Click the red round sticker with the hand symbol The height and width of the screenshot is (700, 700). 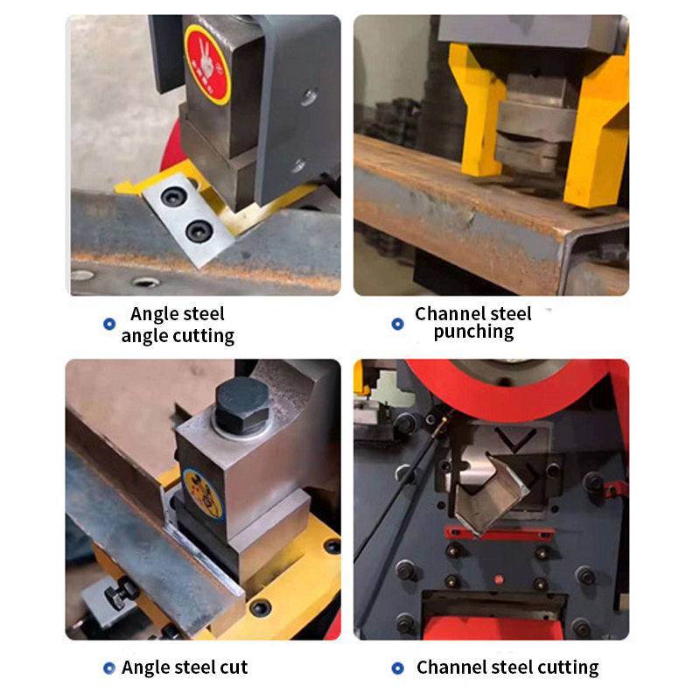[x=207, y=65]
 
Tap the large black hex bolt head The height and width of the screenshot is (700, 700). [x=242, y=405]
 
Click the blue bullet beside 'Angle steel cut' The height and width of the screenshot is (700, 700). [x=109, y=668]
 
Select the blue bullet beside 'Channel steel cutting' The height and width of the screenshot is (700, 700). [x=398, y=668]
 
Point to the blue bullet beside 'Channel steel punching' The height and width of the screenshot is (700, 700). [x=398, y=324]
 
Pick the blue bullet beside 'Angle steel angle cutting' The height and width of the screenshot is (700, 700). [x=109, y=324]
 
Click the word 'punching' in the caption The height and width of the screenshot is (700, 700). [x=473, y=332]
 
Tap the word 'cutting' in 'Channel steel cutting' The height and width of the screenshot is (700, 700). [x=568, y=668]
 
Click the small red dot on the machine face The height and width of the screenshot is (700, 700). [x=499, y=579]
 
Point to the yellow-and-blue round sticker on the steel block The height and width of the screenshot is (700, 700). [x=203, y=494]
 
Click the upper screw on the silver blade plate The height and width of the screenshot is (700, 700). [x=173, y=196]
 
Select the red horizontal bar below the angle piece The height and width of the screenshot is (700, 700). [x=500, y=533]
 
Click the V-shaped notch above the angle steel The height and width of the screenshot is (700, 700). [x=514, y=440]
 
